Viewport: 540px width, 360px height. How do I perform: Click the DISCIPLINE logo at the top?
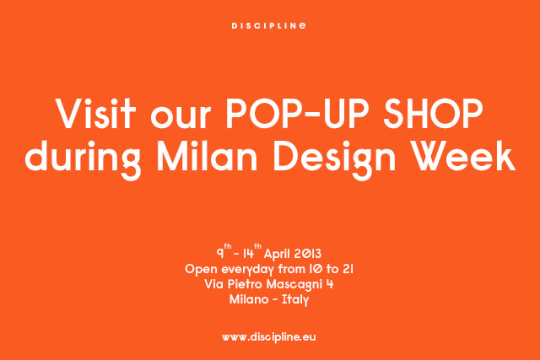click(268, 26)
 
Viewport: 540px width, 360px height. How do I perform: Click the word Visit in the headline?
click(96, 113)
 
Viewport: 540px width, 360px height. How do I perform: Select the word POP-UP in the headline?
click(298, 113)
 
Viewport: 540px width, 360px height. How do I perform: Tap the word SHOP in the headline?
click(433, 113)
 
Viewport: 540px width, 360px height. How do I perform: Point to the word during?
click(83, 159)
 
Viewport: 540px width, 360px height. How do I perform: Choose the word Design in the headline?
click(334, 159)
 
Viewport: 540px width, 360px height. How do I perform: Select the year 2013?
click(307, 254)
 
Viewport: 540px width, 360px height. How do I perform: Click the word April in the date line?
click(278, 255)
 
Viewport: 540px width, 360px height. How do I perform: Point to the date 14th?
click(252, 251)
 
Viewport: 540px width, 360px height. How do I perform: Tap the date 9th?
click(224, 251)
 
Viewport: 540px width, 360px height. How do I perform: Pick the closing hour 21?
click(348, 269)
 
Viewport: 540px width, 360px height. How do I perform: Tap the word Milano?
click(249, 299)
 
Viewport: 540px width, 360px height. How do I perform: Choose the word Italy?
click(295, 300)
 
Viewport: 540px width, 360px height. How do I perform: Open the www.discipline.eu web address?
click(268, 337)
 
